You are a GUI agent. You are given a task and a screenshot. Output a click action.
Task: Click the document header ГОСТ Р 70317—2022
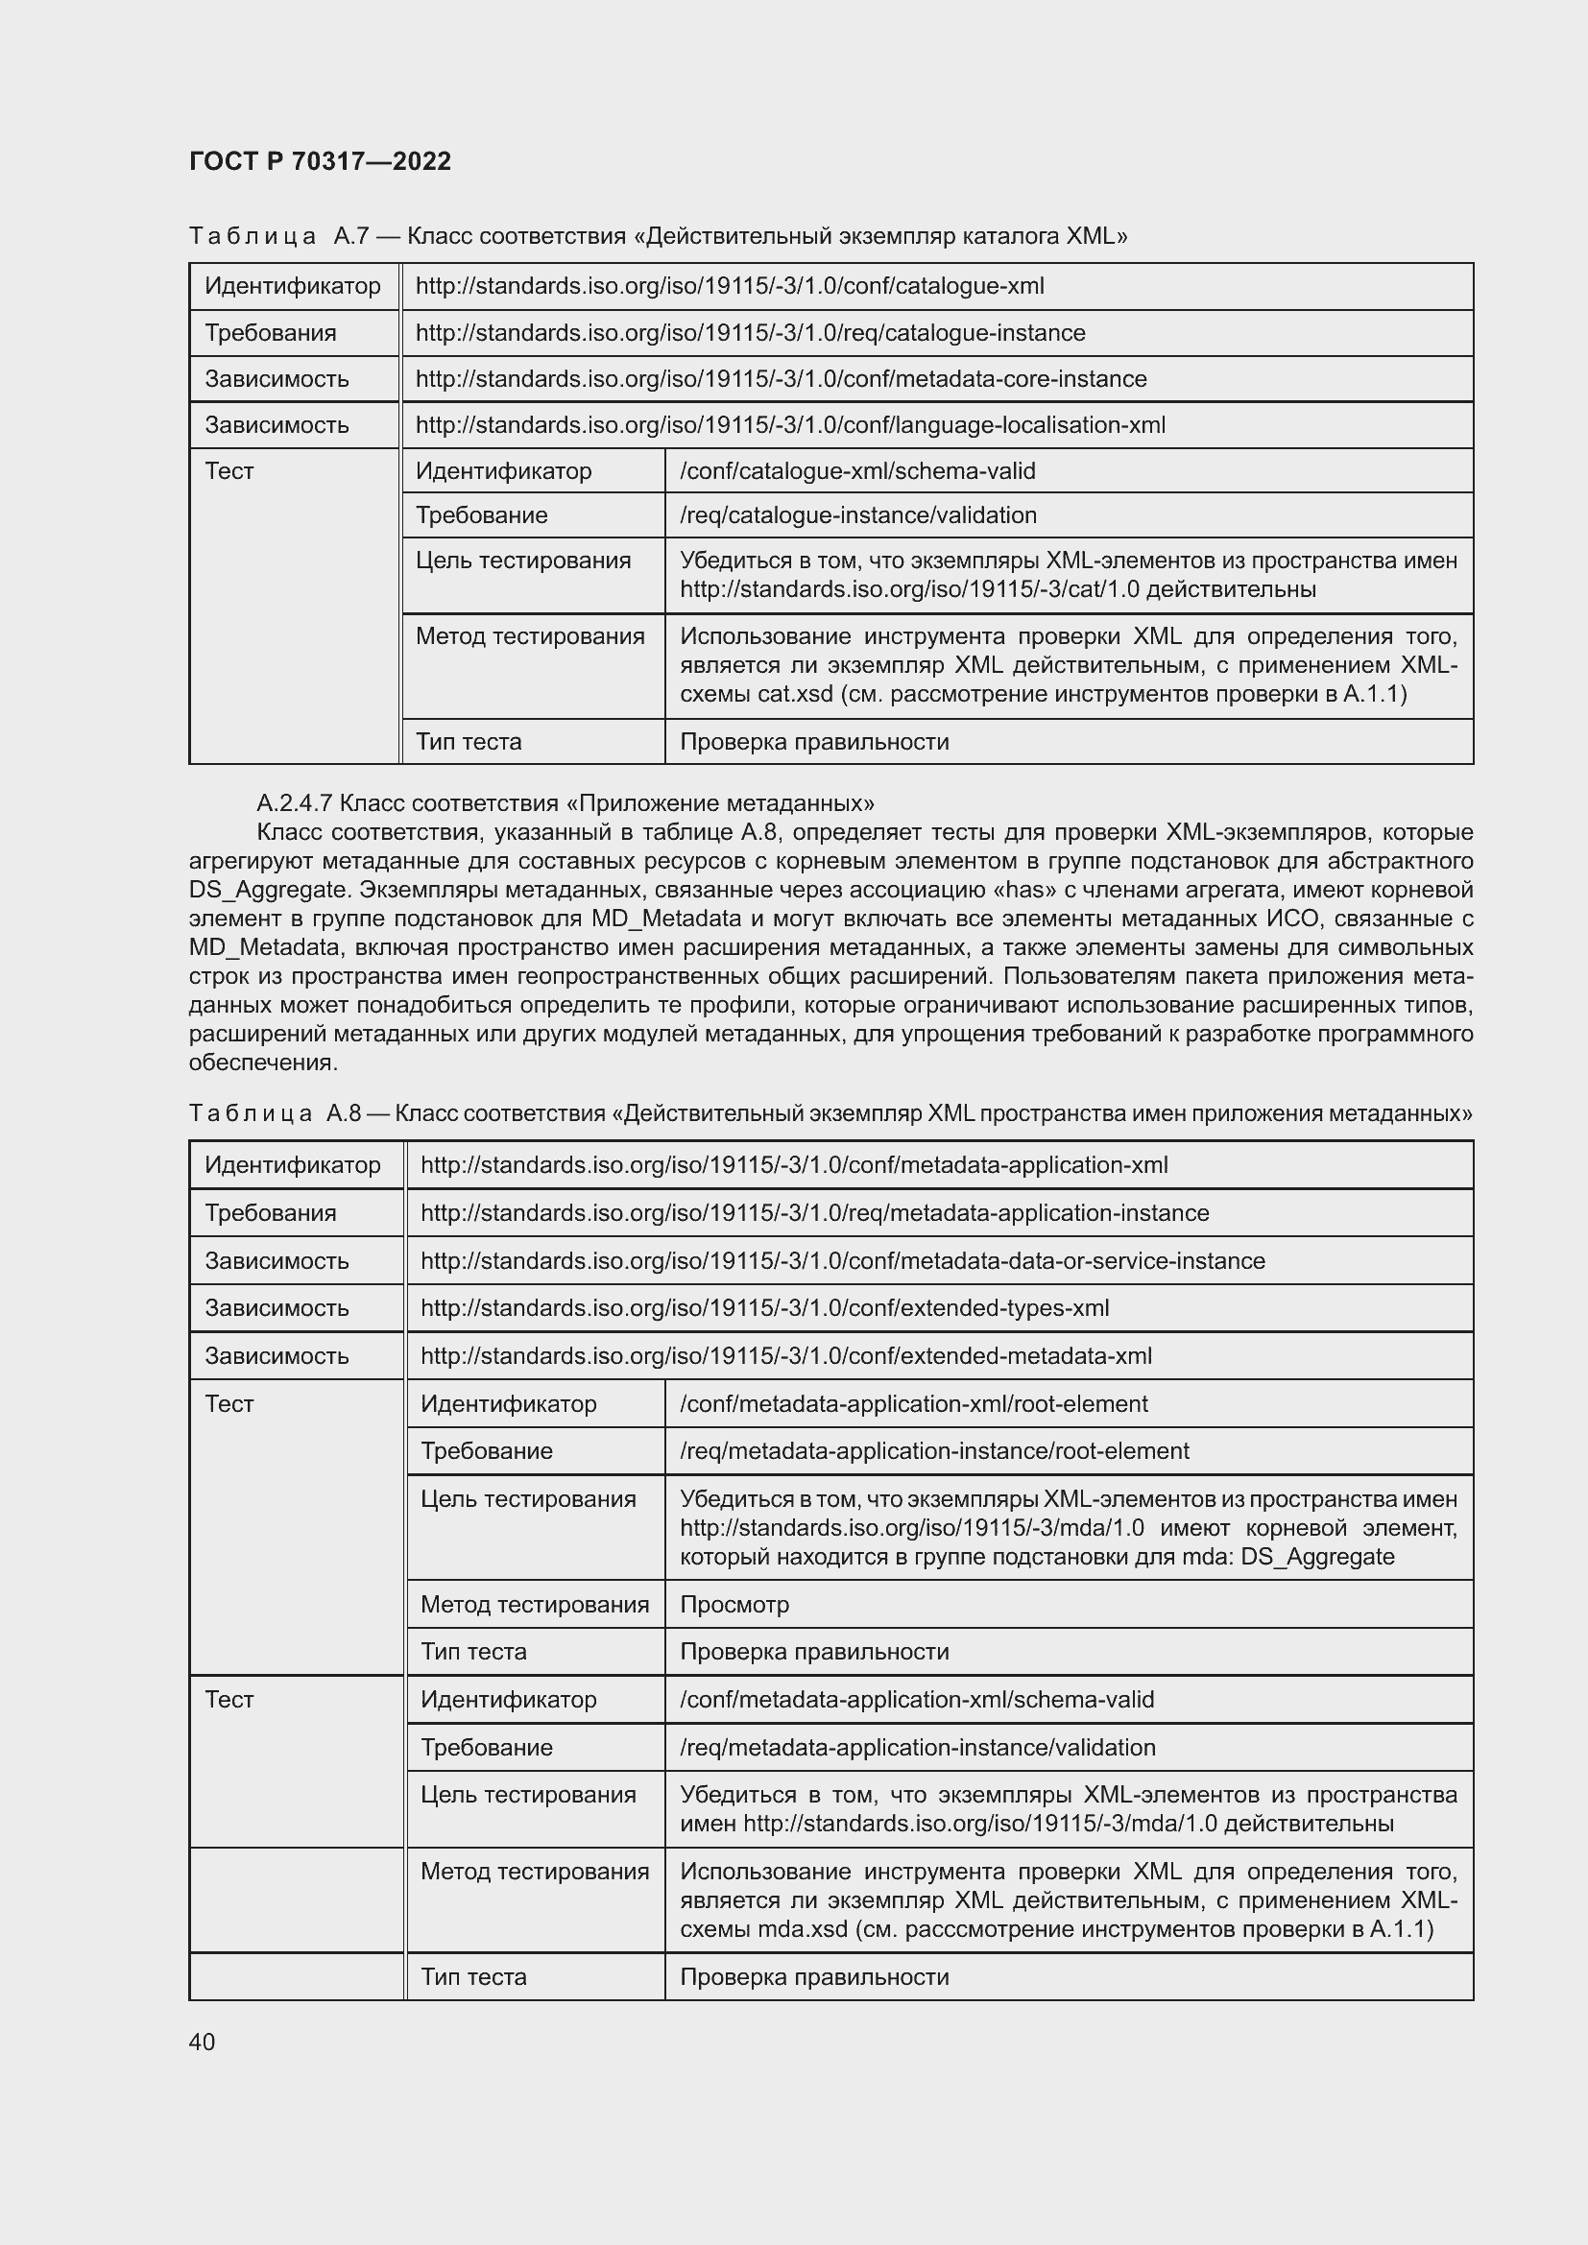320,161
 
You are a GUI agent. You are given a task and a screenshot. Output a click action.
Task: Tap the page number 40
202,2042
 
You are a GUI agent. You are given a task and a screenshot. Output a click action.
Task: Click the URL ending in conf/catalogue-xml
730,285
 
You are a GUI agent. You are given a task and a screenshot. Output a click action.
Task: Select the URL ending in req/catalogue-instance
750,332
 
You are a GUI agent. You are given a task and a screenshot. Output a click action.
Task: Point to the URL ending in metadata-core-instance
781,378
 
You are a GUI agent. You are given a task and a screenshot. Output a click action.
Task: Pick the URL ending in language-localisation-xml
790,424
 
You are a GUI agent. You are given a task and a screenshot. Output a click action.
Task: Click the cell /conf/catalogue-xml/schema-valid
856,470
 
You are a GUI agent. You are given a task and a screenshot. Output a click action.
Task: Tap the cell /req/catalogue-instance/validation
857,514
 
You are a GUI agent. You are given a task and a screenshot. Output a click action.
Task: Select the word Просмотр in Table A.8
734,1604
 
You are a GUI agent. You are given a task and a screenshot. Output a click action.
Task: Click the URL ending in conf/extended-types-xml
764,1307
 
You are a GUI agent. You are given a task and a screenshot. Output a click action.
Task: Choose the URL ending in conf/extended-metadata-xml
786,1355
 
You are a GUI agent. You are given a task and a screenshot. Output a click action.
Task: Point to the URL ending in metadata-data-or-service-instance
842,1260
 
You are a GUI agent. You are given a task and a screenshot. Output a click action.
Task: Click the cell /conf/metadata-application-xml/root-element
913,1403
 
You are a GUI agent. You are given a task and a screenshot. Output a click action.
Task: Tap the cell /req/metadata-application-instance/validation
917,1746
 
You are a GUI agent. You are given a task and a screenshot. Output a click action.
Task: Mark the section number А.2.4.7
295,802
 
